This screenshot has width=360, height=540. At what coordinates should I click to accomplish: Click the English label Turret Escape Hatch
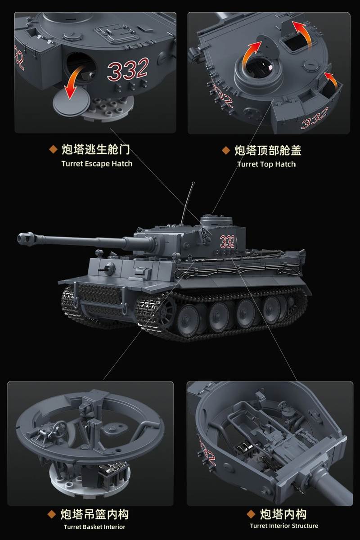click(97, 164)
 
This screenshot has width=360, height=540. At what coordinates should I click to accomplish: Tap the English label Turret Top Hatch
click(266, 164)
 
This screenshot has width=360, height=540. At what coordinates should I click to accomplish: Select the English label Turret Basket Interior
click(94, 527)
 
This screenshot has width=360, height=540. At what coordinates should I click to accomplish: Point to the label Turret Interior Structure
click(284, 526)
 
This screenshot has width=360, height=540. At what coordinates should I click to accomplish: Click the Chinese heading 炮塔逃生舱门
click(96, 149)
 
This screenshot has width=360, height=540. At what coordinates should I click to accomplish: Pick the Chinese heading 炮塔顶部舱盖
click(268, 150)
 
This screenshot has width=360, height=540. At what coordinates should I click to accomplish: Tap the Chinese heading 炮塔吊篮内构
click(94, 514)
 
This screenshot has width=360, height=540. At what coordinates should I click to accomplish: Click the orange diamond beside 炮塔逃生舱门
click(53, 149)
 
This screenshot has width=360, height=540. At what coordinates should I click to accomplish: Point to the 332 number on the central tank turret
click(227, 242)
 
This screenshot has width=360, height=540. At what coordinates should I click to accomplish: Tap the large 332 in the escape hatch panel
click(128, 69)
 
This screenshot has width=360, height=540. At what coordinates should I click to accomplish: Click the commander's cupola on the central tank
click(216, 220)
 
